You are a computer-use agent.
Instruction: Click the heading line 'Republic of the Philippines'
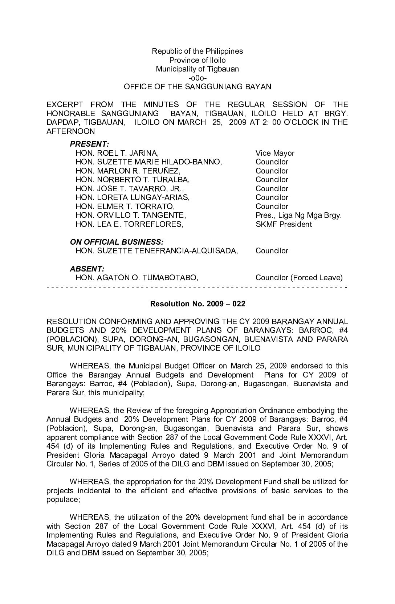197,51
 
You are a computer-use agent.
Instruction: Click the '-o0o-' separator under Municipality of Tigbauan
197,78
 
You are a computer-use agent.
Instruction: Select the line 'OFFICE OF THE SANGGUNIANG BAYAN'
197,87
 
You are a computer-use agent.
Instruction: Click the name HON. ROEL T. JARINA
117,153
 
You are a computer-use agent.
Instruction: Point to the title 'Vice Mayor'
275,153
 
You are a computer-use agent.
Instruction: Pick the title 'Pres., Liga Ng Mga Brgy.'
298,215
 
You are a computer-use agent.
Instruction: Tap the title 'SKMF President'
284,224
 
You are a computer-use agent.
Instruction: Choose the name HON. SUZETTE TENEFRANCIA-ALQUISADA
157,251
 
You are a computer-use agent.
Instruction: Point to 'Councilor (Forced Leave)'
299,278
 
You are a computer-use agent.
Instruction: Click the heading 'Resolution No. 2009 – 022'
197,304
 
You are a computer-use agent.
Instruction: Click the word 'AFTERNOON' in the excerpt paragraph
70,131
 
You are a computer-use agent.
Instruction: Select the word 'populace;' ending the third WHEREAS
63,499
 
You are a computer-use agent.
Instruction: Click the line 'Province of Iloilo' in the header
197,60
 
